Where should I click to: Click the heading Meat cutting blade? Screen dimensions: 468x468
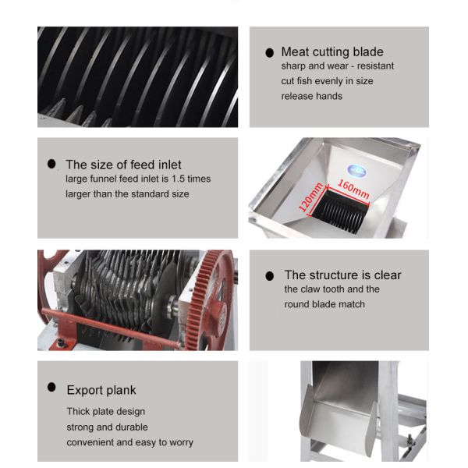tap(332, 52)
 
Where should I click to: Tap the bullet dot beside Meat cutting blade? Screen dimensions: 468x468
tap(270, 53)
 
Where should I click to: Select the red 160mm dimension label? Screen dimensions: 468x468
tap(353, 190)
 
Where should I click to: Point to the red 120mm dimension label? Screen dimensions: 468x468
tap(311, 197)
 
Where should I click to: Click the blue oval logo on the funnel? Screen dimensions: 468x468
tap(357, 171)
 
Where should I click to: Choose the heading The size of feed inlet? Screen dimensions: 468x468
tap(123, 165)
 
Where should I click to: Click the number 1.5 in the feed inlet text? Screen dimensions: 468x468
tap(178, 179)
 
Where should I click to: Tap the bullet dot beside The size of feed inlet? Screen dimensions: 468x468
tap(51, 164)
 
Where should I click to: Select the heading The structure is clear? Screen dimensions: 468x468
tap(342, 275)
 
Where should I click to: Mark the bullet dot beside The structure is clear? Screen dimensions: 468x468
tap(270, 276)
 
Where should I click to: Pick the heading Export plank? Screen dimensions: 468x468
tap(101, 390)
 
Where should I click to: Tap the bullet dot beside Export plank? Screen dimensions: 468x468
tap(51, 388)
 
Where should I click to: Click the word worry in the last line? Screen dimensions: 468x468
tap(181, 442)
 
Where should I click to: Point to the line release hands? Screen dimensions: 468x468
tap(311, 96)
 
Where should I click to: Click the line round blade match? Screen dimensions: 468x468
tap(324, 304)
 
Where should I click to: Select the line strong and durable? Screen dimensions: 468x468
tap(107, 427)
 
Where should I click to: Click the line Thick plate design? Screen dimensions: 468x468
tap(105, 412)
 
